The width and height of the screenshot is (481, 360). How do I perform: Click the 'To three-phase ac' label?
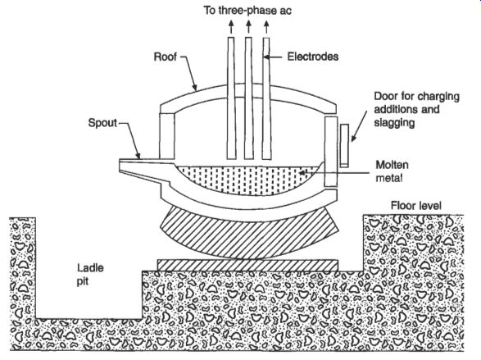point(247,11)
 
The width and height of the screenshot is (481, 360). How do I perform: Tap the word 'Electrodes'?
point(313,57)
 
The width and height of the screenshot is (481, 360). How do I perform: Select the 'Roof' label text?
point(165,57)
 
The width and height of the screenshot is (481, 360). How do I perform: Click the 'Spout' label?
point(102,123)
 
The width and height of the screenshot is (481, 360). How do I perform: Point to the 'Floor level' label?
point(416,205)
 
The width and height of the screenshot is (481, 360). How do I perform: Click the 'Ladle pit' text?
point(90,275)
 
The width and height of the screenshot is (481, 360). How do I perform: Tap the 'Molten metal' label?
point(392,171)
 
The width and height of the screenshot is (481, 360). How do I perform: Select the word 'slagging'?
point(394,123)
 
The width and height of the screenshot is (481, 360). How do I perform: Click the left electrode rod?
point(231,98)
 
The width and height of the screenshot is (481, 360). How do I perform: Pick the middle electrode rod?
point(248,98)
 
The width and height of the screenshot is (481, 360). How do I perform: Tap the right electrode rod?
point(266,98)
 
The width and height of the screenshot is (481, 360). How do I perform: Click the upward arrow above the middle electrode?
point(248,27)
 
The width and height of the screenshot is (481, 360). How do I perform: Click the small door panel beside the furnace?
point(344,146)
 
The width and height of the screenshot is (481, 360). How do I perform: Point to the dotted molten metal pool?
point(247,180)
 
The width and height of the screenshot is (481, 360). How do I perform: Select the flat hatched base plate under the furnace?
point(247,266)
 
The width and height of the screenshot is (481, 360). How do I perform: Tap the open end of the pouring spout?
point(120,166)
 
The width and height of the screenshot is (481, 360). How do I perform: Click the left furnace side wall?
point(167,135)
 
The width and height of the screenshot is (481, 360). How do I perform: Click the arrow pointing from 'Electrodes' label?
point(272,57)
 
